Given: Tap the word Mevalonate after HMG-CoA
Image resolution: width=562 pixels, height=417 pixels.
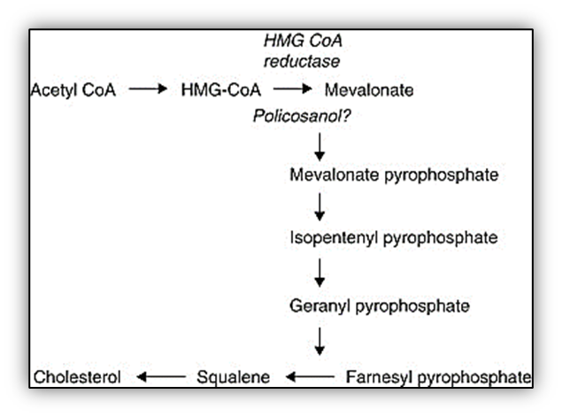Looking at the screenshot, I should click(369, 89).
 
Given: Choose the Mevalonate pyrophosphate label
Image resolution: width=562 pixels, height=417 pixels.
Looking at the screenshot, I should click(394, 174).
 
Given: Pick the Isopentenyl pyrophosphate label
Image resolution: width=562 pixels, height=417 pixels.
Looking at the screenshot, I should click(393, 239).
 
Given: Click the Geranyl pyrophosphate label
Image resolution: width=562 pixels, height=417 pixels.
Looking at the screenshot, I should click(379, 306).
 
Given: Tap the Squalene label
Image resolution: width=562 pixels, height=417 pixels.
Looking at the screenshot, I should click(233, 377).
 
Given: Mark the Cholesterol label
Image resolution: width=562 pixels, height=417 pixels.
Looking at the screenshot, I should click(77, 377).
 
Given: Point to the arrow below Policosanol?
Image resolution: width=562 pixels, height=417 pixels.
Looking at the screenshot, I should click(319, 143).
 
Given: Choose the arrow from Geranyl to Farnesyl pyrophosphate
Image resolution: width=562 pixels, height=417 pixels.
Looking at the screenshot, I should click(319, 341).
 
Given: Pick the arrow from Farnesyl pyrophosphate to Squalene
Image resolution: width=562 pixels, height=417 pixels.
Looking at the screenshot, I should click(308, 378).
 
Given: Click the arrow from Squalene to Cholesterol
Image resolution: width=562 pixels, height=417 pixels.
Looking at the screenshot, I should click(159, 378).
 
